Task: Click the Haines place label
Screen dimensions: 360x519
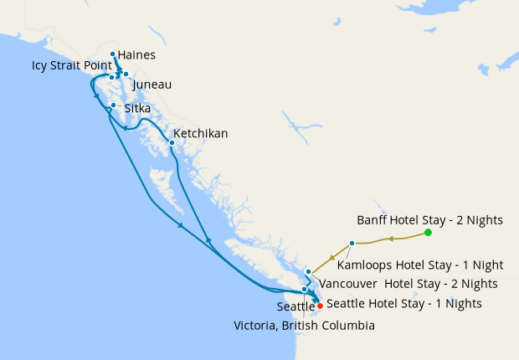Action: (136, 55)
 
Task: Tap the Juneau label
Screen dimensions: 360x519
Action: (152, 85)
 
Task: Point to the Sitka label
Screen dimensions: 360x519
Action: (138, 109)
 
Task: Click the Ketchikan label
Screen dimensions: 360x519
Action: (200, 133)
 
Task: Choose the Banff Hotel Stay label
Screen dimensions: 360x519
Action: (429, 220)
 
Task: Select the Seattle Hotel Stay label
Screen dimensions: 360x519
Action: (403, 303)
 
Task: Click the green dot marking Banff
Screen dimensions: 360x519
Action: (428, 232)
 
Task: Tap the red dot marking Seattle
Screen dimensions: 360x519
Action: (320, 306)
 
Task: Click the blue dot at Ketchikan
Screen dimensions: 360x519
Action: (172, 142)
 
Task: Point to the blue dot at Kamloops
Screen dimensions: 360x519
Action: (352, 243)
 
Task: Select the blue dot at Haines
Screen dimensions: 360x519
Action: (112, 54)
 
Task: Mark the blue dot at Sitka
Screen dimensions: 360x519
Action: (113, 105)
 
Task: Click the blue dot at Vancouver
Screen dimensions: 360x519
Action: (309, 272)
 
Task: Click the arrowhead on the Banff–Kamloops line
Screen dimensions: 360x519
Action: (389, 239)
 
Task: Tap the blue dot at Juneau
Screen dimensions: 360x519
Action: (126, 75)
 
